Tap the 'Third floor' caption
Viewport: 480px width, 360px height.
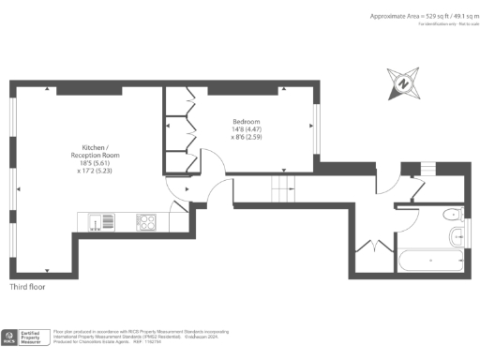click(x=29, y=287)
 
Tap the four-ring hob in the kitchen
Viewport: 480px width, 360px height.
click(x=147, y=222)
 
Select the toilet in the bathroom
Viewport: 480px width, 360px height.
click(x=454, y=213)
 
